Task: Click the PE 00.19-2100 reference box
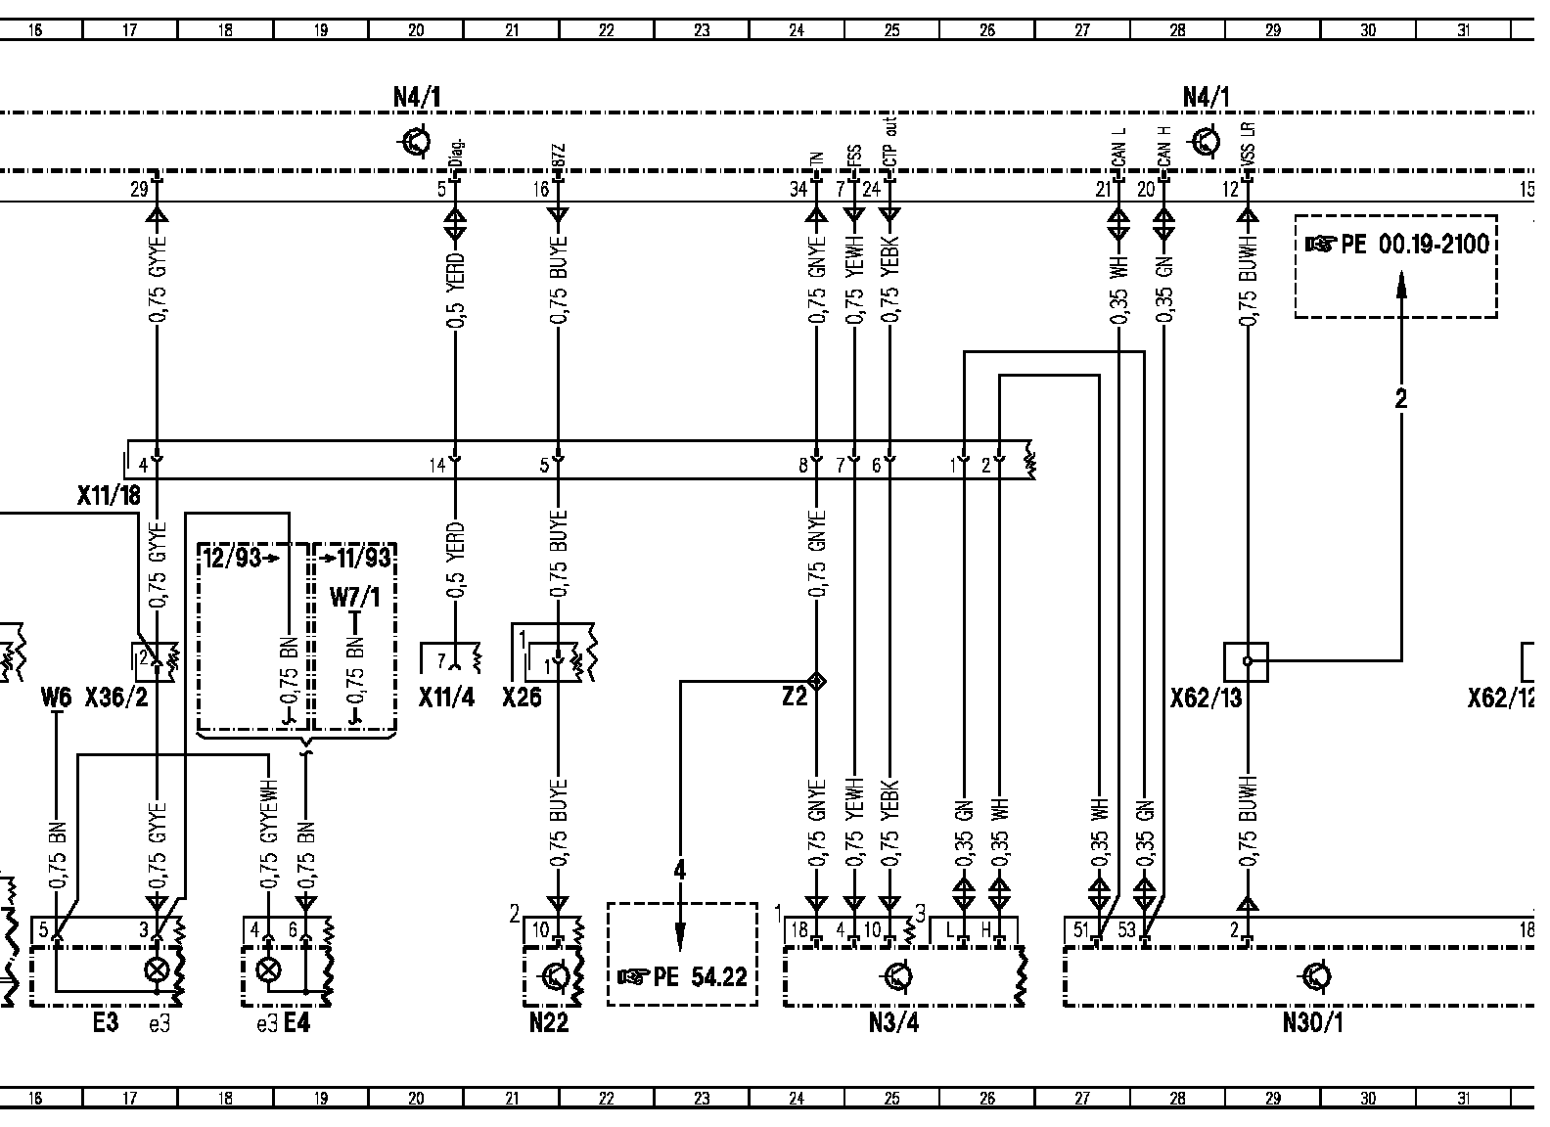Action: (1395, 266)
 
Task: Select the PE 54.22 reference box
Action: (682, 954)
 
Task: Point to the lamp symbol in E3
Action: (156, 971)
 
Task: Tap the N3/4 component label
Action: (893, 1023)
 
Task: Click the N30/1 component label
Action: (1312, 1023)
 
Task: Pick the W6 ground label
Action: (56, 698)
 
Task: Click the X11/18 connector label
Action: (109, 496)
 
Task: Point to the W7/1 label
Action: (354, 596)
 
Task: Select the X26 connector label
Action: (522, 698)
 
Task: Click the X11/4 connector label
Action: (446, 698)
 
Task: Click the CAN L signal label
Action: (1118, 146)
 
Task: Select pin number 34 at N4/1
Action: (798, 189)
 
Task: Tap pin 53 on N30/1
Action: (1126, 929)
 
